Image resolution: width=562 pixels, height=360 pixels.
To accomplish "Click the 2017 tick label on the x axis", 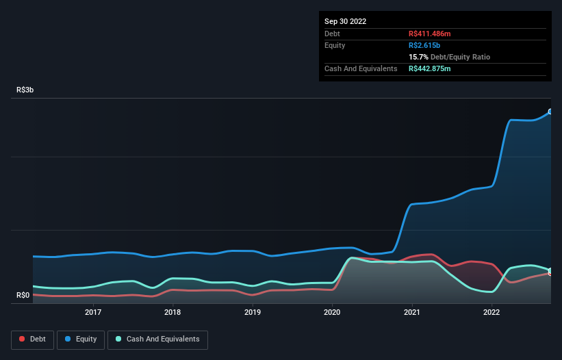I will [x=93, y=312].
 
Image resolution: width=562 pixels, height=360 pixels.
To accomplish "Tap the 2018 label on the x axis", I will [x=173, y=312].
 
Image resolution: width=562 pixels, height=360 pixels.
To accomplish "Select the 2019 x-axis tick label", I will [x=253, y=312].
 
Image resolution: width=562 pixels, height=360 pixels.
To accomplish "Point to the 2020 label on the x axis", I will [x=332, y=312].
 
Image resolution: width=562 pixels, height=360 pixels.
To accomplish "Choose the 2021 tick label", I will [x=412, y=312].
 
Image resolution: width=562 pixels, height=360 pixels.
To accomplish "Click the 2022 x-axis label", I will [x=491, y=312].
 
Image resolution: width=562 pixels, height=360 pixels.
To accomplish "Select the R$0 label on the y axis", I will [x=23, y=296].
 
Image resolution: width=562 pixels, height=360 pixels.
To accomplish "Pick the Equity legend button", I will [x=81, y=339].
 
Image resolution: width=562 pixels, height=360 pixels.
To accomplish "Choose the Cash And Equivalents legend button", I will [x=157, y=339].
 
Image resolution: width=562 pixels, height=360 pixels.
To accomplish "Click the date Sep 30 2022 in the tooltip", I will [x=345, y=21].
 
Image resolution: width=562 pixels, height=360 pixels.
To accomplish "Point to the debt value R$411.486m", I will [x=431, y=34].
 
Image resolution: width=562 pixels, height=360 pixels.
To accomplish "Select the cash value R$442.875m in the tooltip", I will [x=431, y=68].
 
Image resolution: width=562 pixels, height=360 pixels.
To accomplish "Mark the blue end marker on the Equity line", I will [x=550, y=111].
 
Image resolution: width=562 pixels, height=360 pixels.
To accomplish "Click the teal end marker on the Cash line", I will [x=550, y=270].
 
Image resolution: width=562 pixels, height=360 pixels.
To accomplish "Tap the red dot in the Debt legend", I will [x=23, y=339].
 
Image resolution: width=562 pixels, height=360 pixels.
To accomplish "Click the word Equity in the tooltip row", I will [x=335, y=45].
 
